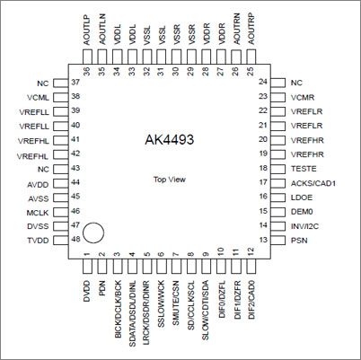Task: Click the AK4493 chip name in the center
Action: click(x=169, y=139)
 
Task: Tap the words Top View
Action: click(x=170, y=180)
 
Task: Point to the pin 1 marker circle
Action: click(x=93, y=233)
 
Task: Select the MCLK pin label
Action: click(x=38, y=213)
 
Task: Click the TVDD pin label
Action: click(x=38, y=241)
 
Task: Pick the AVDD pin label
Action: click(x=38, y=185)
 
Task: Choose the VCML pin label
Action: click(x=38, y=98)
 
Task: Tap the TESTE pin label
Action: click(x=304, y=169)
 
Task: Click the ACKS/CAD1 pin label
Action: click(x=313, y=183)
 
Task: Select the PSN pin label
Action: click(x=299, y=240)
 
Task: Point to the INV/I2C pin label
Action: click(x=304, y=226)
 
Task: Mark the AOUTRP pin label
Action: click(x=251, y=29)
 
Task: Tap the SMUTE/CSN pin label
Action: click(x=176, y=303)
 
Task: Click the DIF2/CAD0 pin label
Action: click(x=251, y=300)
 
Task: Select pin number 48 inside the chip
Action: click(x=75, y=239)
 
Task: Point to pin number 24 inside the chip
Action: click(x=263, y=82)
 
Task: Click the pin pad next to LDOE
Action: click(x=277, y=198)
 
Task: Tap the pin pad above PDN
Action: click(x=102, y=266)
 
